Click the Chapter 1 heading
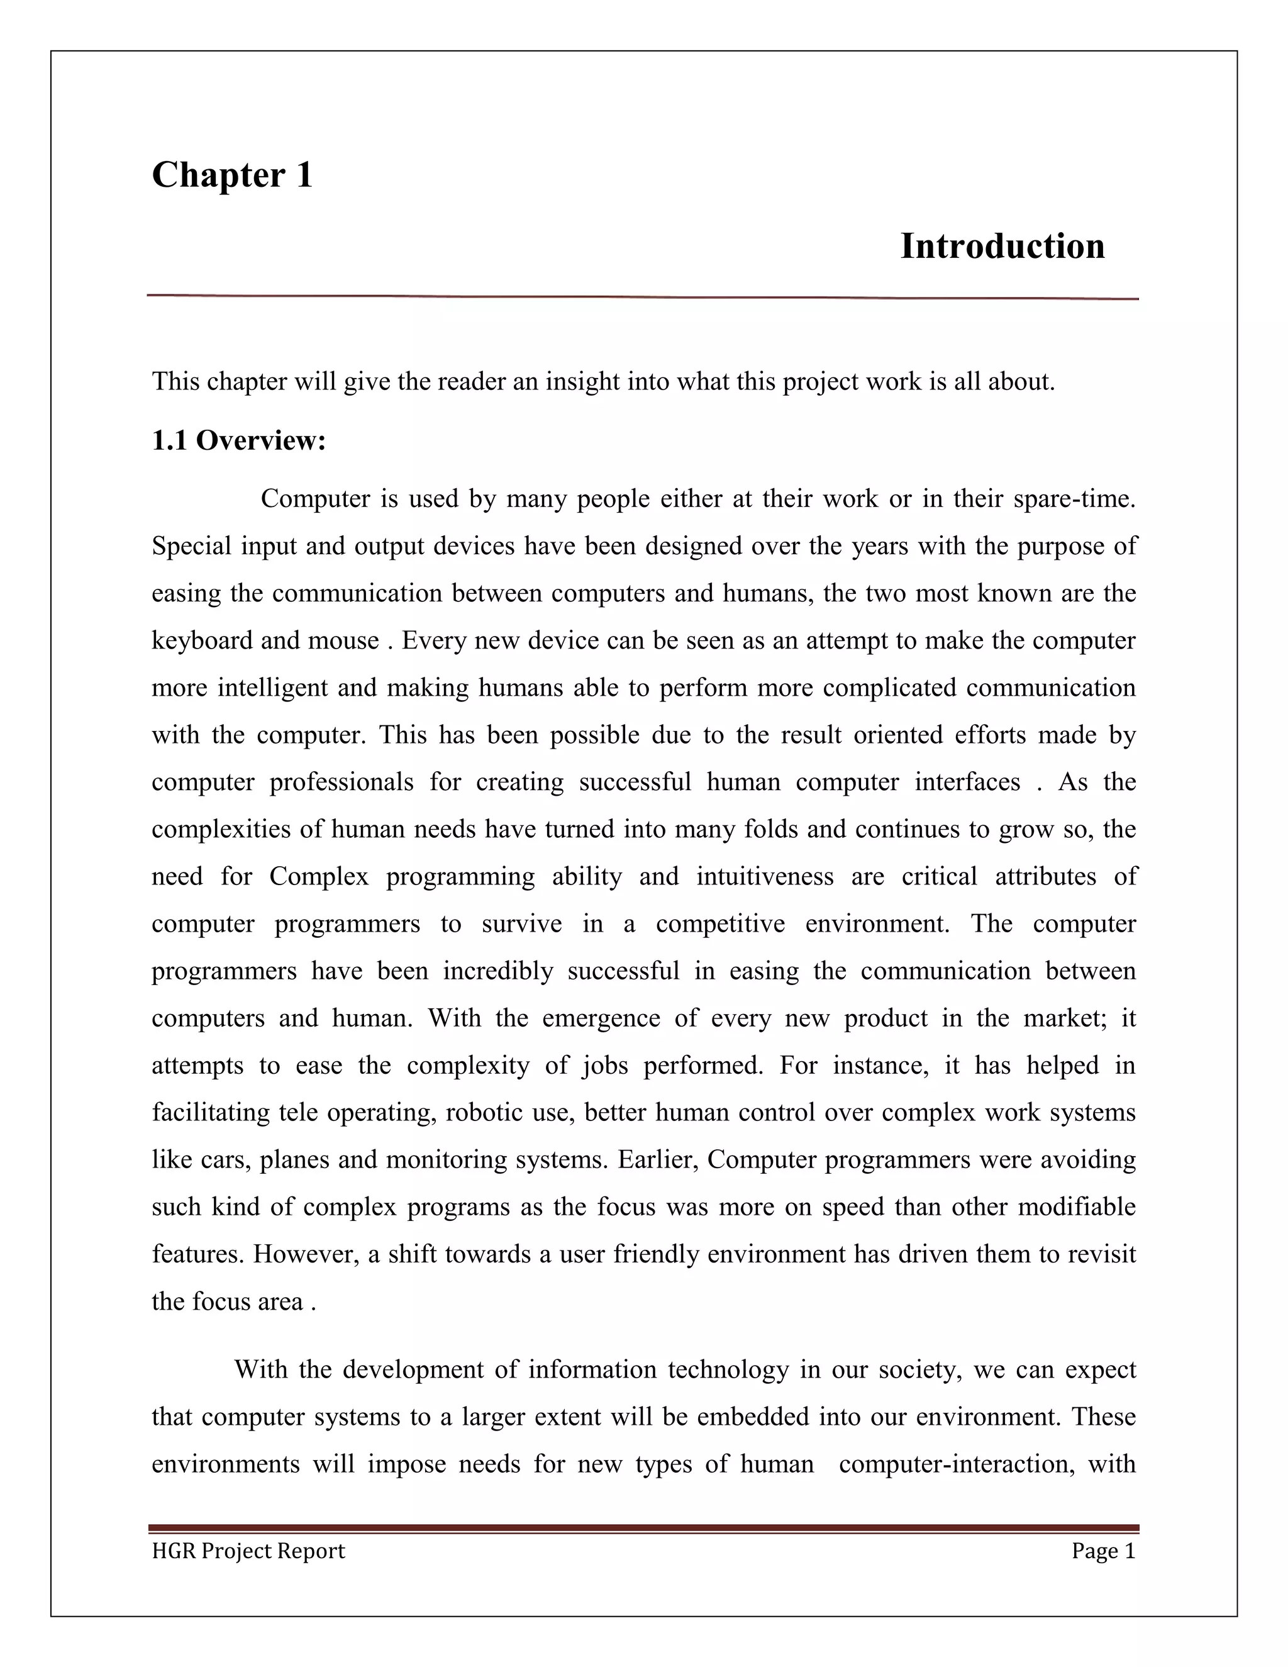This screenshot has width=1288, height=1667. (x=232, y=175)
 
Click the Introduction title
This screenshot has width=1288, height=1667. (x=1002, y=247)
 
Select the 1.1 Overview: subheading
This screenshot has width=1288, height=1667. (x=239, y=440)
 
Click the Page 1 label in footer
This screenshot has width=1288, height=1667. (x=1102, y=1551)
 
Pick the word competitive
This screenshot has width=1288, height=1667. (x=719, y=923)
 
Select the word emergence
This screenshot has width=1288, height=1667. (x=601, y=1018)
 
